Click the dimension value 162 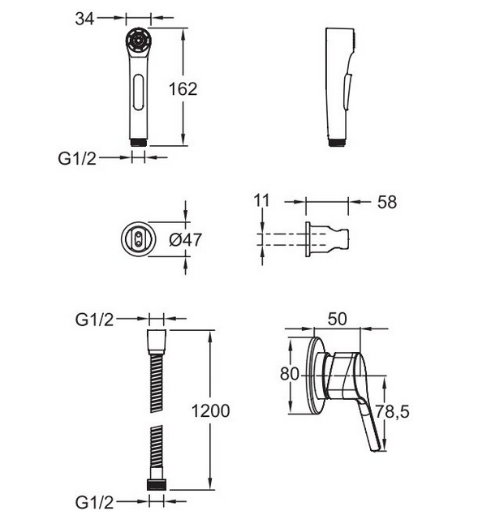pyautogui.click(x=183, y=89)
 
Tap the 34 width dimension pyautogui.click(x=84, y=19)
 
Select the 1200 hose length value pyautogui.click(x=210, y=411)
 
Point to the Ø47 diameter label pyautogui.click(x=185, y=240)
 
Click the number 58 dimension pyautogui.click(x=387, y=202)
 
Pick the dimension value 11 pyautogui.click(x=261, y=200)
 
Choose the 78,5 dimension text pyautogui.click(x=393, y=411)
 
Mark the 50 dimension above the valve pyautogui.click(x=337, y=319)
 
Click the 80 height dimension pyautogui.click(x=290, y=374)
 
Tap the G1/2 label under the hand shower pyautogui.click(x=77, y=158)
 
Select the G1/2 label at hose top pyautogui.click(x=95, y=320)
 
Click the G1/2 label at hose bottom pyautogui.click(x=95, y=503)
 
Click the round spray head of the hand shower pyautogui.click(x=139, y=40)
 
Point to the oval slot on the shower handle pyautogui.click(x=139, y=92)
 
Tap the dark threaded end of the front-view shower pyautogui.click(x=139, y=142)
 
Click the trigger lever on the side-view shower pyautogui.click(x=348, y=92)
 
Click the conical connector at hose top pyautogui.click(x=157, y=341)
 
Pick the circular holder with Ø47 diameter pyautogui.click(x=139, y=238)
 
